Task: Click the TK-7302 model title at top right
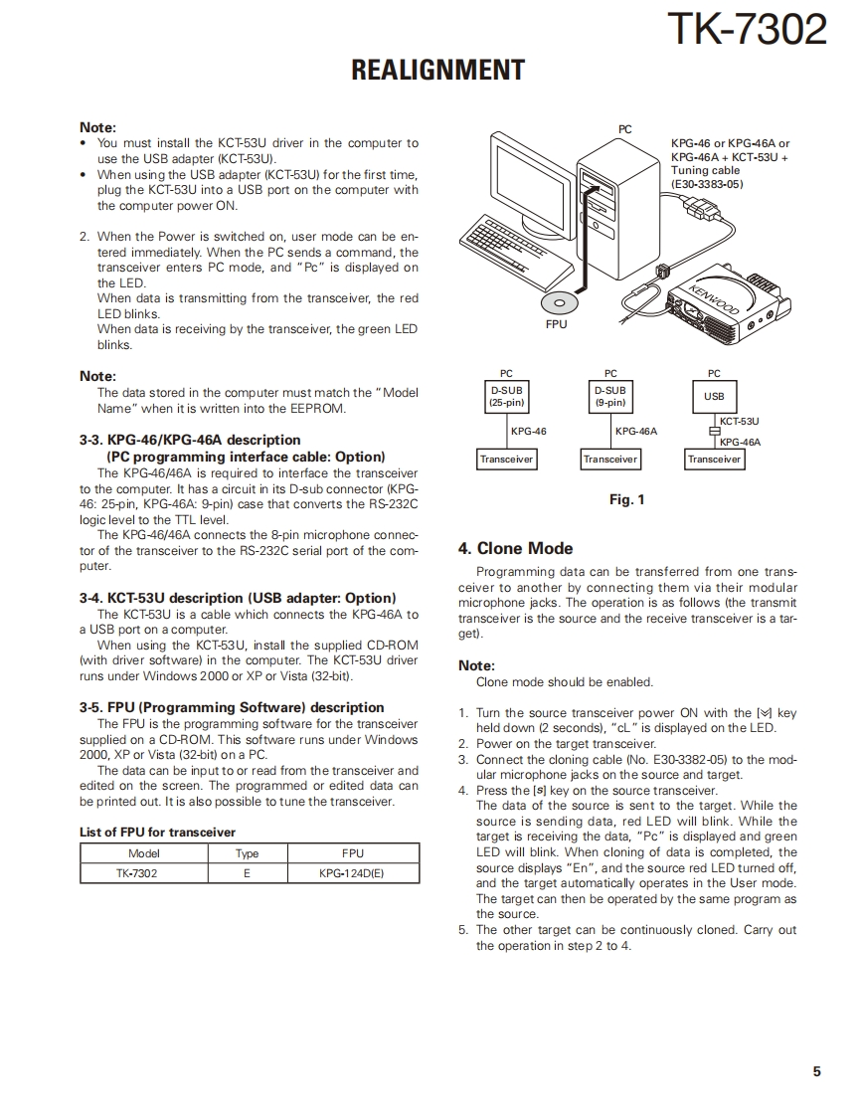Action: pos(746,30)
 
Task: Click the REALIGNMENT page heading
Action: pos(437,70)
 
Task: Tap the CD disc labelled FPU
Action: pos(559,302)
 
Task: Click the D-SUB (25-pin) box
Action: pos(507,397)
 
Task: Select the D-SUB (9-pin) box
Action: pos(610,397)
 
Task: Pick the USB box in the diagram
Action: pos(714,397)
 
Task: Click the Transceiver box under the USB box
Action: pos(714,460)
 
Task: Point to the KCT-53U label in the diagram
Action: pos(739,422)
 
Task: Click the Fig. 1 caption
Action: pos(626,499)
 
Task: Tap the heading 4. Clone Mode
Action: pos(515,548)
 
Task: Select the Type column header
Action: pos(247,853)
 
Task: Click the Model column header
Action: pos(144,853)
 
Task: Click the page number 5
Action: pos(816,1071)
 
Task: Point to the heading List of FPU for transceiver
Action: pos(157,832)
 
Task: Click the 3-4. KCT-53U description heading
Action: pos(238,598)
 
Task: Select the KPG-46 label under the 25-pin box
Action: pos(528,432)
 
